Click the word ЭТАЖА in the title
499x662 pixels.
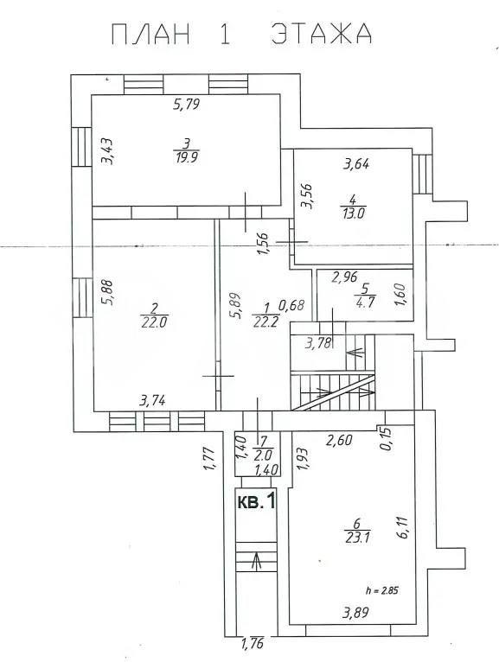pyautogui.click(x=321, y=34)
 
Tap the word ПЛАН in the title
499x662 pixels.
pyautogui.click(x=150, y=35)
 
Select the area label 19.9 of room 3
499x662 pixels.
pyautogui.click(x=186, y=157)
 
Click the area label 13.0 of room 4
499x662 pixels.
pyautogui.click(x=353, y=213)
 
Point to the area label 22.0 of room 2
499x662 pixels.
pyautogui.click(x=154, y=322)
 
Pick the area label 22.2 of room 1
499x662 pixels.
pyautogui.click(x=265, y=322)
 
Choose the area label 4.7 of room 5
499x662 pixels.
pyautogui.click(x=365, y=302)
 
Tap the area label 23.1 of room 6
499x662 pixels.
pyautogui.click(x=357, y=538)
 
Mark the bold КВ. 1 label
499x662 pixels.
pyautogui.click(x=257, y=501)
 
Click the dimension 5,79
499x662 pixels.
pyautogui.click(x=186, y=104)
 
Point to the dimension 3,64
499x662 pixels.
pyautogui.click(x=355, y=163)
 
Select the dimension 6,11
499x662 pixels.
pyautogui.click(x=402, y=526)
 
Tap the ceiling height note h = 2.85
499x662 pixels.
pyautogui.click(x=382, y=590)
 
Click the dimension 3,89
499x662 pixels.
pyautogui.click(x=355, y=612)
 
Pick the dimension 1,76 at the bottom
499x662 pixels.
pyautogui.click(x=253, y=644)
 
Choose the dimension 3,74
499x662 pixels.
pyautogui.click(x=152, y=400)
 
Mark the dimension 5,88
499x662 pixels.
pyautogui.click(x=109, y=292)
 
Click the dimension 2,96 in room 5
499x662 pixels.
pyautogui.click(x=345, y=277)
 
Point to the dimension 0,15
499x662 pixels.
pyautogui.click(x=387, y=439)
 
